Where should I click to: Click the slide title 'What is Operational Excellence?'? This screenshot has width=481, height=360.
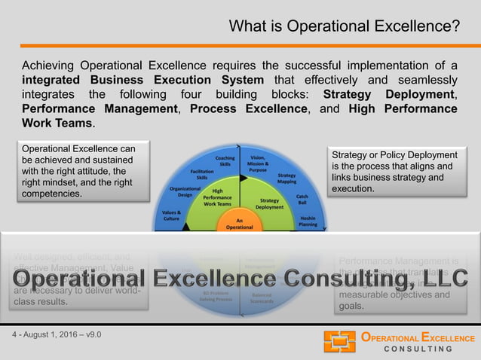(344, 27)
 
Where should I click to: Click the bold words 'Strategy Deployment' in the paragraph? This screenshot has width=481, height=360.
(389, 94)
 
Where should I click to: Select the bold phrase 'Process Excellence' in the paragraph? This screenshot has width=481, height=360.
(249, 108)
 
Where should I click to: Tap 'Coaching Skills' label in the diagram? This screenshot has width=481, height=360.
(225, 161)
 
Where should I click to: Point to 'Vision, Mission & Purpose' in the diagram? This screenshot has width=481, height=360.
(257, 163)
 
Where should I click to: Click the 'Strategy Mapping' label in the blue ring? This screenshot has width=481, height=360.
(286, 178)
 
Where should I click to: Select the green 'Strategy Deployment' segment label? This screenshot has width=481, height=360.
(269, 204)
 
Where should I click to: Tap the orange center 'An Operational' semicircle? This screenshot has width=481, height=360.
(240, 222)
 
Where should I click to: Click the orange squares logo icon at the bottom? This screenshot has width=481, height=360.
(339, 341)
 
